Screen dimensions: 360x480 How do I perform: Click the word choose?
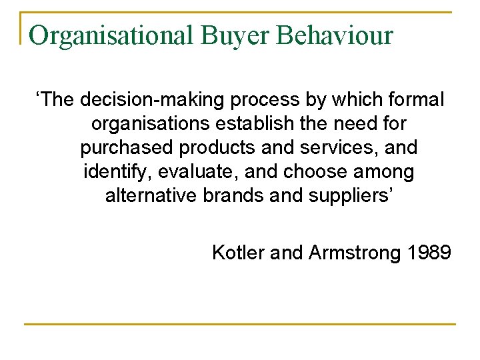(x=317, y=172)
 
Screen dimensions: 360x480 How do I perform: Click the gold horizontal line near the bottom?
(x=240, y=325)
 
